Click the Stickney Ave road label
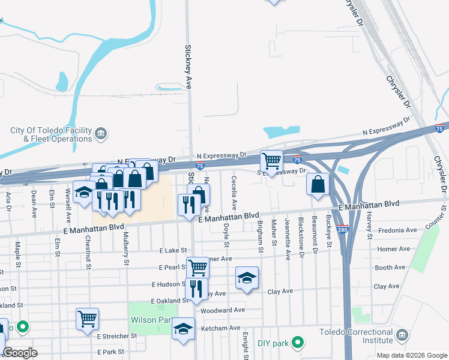[188, 66]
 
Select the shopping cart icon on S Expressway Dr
[271, 161]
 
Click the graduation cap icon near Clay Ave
[247, 277]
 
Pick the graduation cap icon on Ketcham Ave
[183, 328]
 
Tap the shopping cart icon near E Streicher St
[87, 318]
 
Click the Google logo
[20, 353]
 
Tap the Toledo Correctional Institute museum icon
[403, 334]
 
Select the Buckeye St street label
[329, 231]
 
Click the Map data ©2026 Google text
[411, 355]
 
